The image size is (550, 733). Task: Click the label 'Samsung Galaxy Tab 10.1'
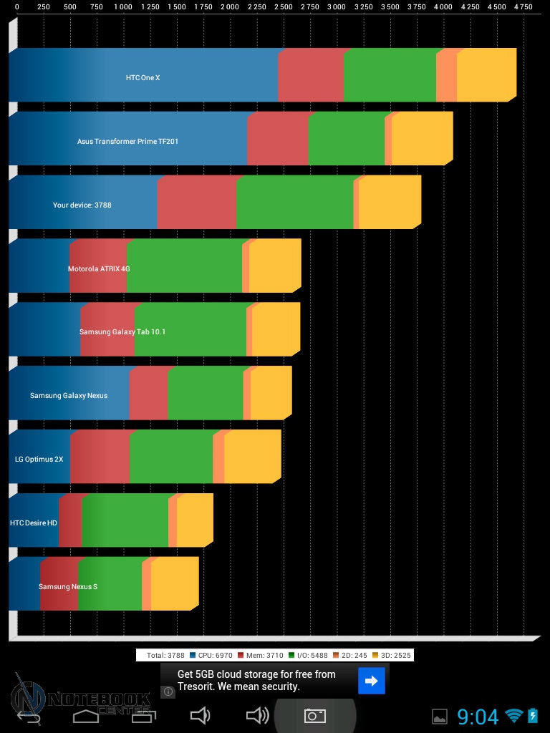coord(122,331)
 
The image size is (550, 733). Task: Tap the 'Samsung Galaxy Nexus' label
coord(69,395)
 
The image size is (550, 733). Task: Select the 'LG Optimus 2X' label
coord(39,459)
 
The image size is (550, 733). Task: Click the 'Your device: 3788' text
coord(82,205)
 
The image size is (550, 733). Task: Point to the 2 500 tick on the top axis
coord(283,6)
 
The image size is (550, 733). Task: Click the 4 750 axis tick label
coord(524,6)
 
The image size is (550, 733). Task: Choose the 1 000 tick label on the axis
coord(123,6)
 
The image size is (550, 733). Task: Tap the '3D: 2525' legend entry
coord(390,655)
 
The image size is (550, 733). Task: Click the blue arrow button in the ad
coord(372,681)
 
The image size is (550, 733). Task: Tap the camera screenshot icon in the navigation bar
coord(315,715)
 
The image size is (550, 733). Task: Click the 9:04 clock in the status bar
coord(478,716)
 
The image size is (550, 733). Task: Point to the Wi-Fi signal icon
coord(513,715)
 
